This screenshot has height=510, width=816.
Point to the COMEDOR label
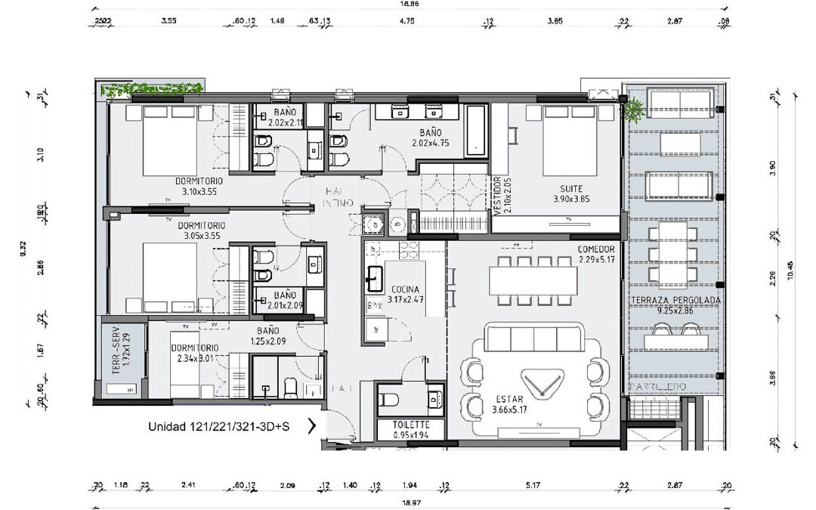(x=597, y=249)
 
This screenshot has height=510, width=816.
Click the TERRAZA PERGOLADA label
(x=675, y=301)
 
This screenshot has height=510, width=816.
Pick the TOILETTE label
(x=411, y=425)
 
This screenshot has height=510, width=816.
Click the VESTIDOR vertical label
(x=497, y=196)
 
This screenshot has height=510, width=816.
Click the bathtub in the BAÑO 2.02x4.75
(x=476, y=129)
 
